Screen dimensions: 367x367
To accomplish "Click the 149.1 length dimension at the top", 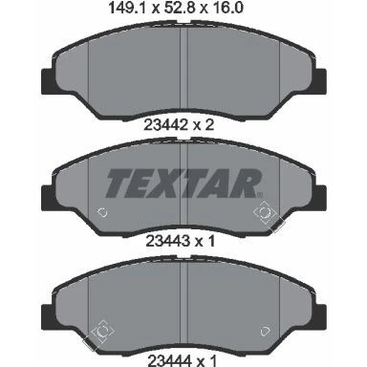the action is click(x=126, y=8).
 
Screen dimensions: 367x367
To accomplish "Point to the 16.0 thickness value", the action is click(x=227, y=8).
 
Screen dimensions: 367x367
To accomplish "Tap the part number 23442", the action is click(x=165, y=124).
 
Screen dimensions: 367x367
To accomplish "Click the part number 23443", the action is click(x=167, y=241).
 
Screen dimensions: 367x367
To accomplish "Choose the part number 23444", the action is click(x=169, y=361).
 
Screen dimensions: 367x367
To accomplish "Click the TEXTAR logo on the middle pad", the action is click(x=184, y=183).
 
